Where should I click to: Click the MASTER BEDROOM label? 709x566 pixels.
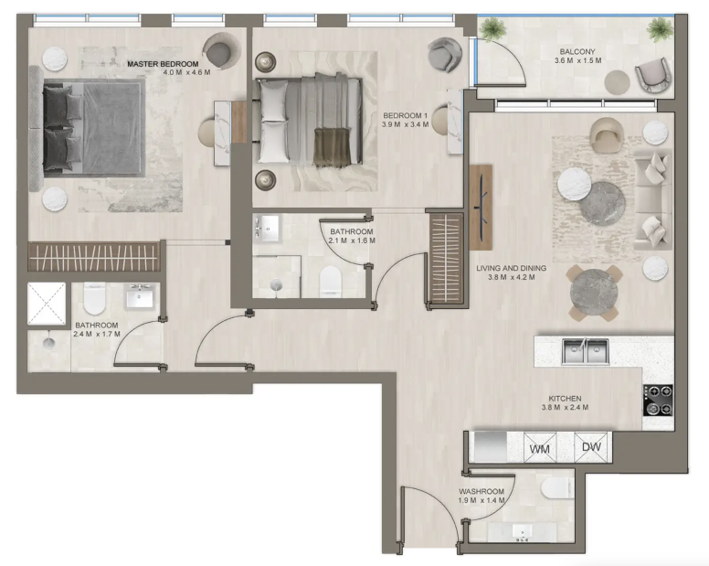point(163,64)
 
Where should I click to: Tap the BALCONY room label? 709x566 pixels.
point(577,51)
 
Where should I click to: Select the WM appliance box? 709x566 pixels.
point(540,448)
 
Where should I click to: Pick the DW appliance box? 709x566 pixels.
point(591,447)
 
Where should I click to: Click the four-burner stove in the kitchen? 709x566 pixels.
point(658,400)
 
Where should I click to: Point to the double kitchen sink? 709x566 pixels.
point(586,351)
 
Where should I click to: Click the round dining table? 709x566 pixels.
point(594,293)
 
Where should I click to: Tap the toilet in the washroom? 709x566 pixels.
point(557,488)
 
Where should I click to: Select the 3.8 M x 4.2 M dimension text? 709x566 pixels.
point(511,277)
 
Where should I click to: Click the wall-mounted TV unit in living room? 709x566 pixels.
point(481,208)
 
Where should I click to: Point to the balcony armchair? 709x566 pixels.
point(653,76)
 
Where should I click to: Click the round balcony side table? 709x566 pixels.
point(618,82)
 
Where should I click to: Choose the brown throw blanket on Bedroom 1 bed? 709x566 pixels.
point(333,146)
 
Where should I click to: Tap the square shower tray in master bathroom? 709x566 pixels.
point(47,304)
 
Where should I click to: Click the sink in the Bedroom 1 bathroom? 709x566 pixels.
point(268,229)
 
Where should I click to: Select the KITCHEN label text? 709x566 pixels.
point(565,399)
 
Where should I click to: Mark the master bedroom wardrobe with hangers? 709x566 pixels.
point(94,257)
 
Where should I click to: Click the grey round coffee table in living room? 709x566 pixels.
point(602,204)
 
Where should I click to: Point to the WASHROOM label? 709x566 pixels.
point(481,491)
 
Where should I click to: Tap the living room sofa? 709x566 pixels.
point(652,199)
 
